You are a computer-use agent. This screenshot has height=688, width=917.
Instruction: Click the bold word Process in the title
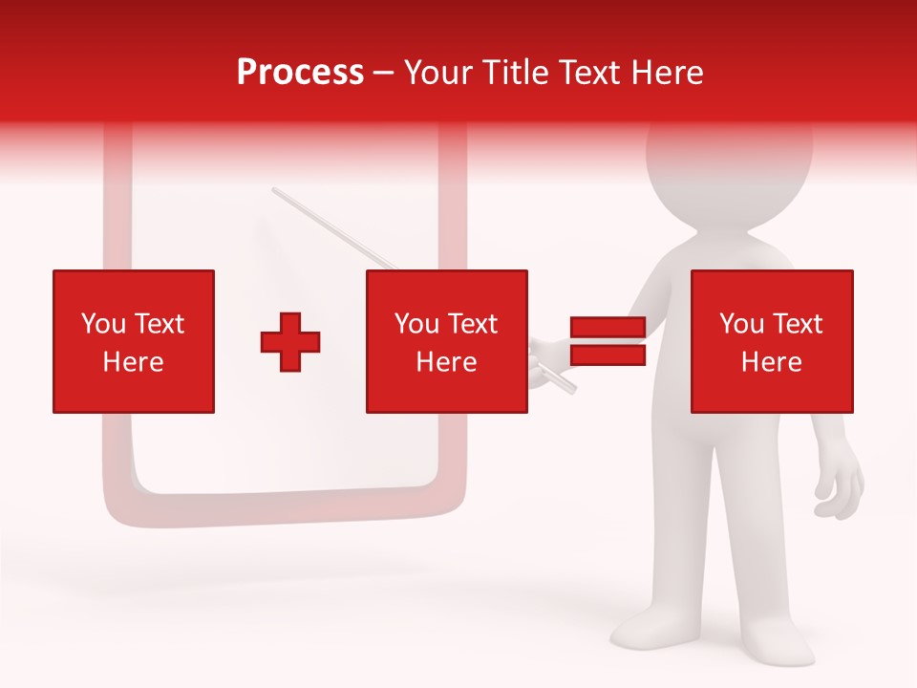300,73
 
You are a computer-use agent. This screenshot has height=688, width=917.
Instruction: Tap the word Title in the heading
517,73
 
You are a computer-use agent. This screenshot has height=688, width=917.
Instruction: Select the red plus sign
290,342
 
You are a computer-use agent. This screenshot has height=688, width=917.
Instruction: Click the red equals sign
608,341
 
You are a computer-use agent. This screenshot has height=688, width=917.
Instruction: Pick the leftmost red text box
134,341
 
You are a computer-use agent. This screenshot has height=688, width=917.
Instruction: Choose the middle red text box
447,341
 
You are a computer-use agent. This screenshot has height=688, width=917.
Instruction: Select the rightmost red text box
772,341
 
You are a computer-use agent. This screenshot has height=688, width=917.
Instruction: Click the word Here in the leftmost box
133,362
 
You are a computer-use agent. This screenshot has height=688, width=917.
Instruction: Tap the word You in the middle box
416,324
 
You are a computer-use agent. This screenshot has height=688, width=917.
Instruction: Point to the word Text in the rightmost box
799,324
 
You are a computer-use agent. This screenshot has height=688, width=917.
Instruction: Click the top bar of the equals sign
608,328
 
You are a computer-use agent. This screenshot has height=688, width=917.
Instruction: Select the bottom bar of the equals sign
608,355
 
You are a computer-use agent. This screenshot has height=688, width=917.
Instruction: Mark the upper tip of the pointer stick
275,190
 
